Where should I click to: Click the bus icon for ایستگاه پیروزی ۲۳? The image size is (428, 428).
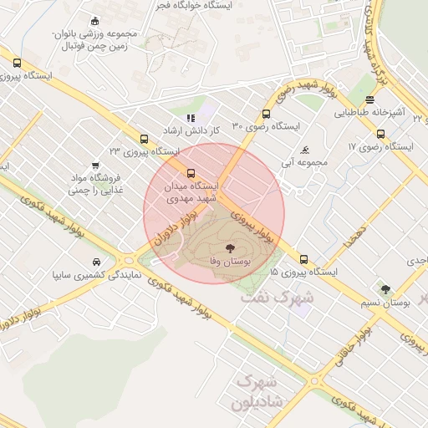click(144, 140)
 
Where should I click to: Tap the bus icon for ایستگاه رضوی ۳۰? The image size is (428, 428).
click(266, 115)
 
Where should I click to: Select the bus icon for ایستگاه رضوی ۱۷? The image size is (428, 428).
click(381, 134)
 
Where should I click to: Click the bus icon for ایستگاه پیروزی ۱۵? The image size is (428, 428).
click(303, 259)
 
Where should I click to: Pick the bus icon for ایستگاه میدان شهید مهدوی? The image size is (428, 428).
click(191, 174)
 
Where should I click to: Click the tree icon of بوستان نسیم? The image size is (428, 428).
click(385, 290)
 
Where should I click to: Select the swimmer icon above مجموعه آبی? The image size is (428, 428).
click(305, 150)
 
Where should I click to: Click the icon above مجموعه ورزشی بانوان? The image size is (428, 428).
click(94, 21)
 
